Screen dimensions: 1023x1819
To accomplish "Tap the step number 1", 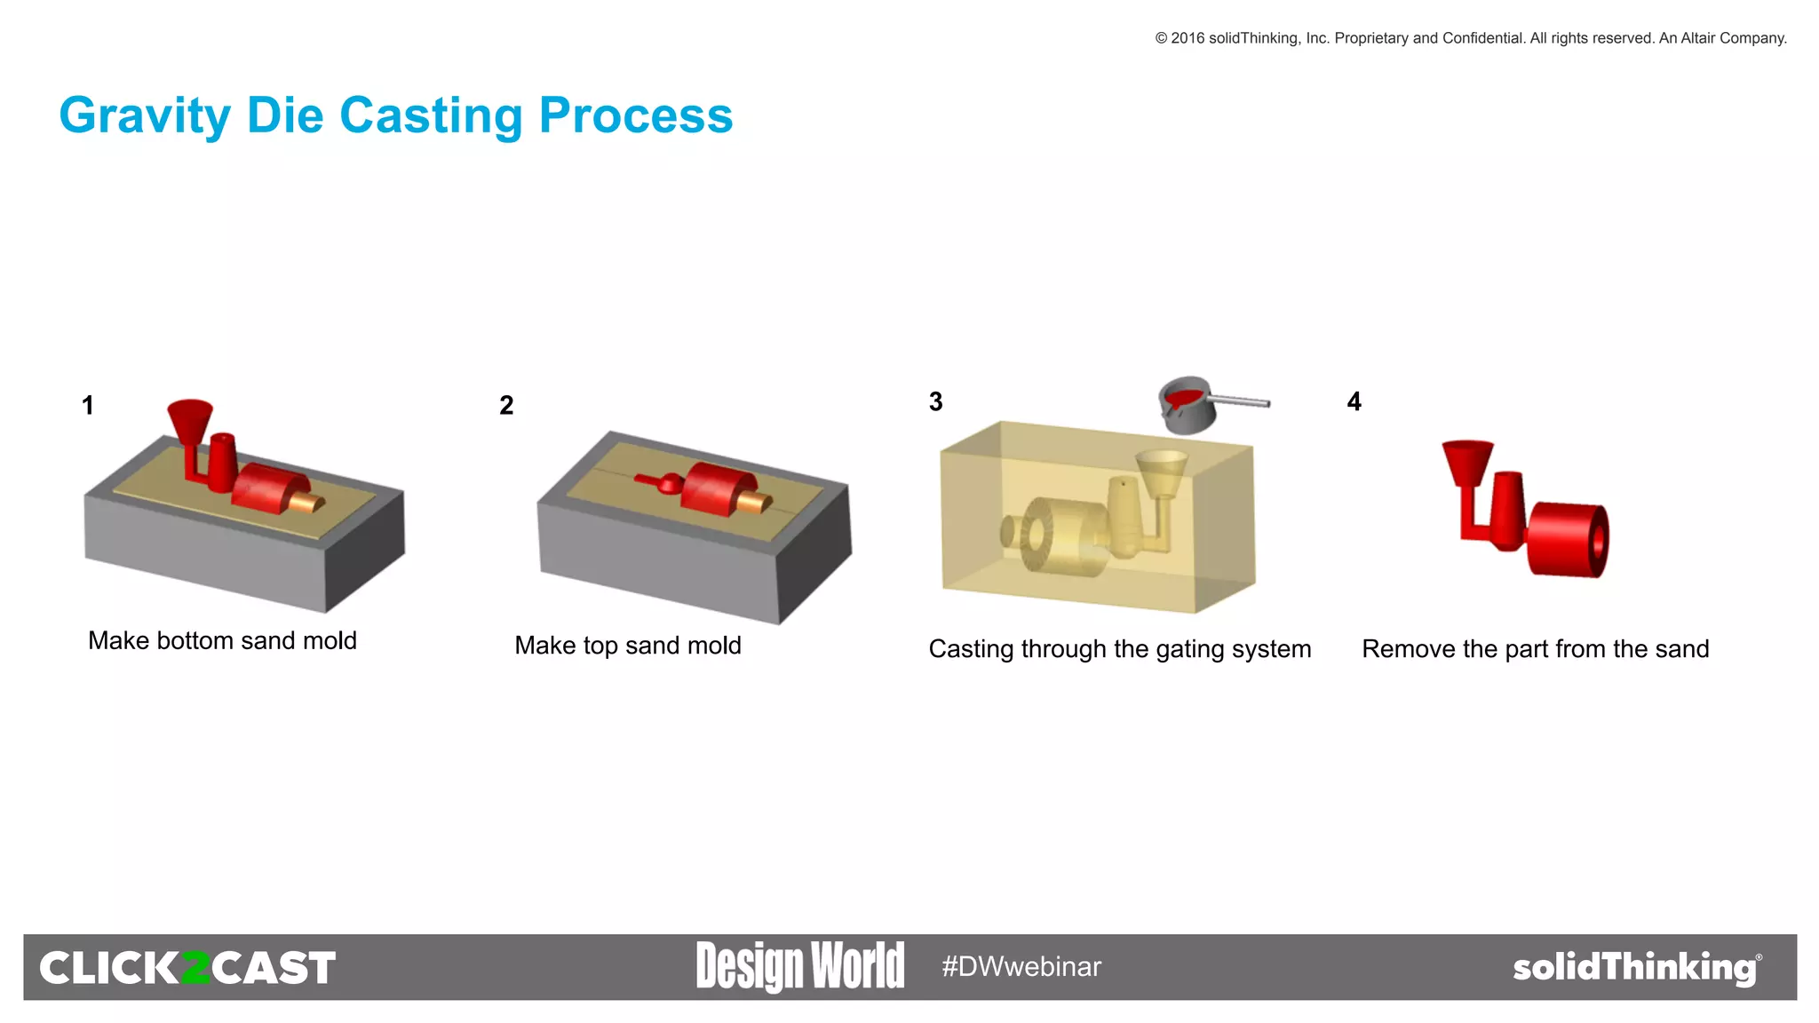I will click(x=88, y=406).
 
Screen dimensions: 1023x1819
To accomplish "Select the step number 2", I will click(x=506, y=406).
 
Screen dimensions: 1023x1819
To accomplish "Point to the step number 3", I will click(x=935, y=402).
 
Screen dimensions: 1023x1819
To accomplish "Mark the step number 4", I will click(x=1354, y=402).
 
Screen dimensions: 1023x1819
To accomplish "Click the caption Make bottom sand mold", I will click(x=222, y=640).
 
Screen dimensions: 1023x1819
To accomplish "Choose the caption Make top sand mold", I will click(x=627, y=646).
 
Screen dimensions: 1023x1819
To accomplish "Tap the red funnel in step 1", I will click(x=190, y=419).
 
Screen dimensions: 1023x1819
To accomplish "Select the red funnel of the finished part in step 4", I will click(x=1467, y=462).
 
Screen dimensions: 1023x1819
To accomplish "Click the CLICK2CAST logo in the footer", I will click(x=187, y=968).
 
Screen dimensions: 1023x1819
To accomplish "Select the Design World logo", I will click(x=799, y=966).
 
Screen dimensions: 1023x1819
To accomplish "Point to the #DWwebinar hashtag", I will click(x=1021, y=967).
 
